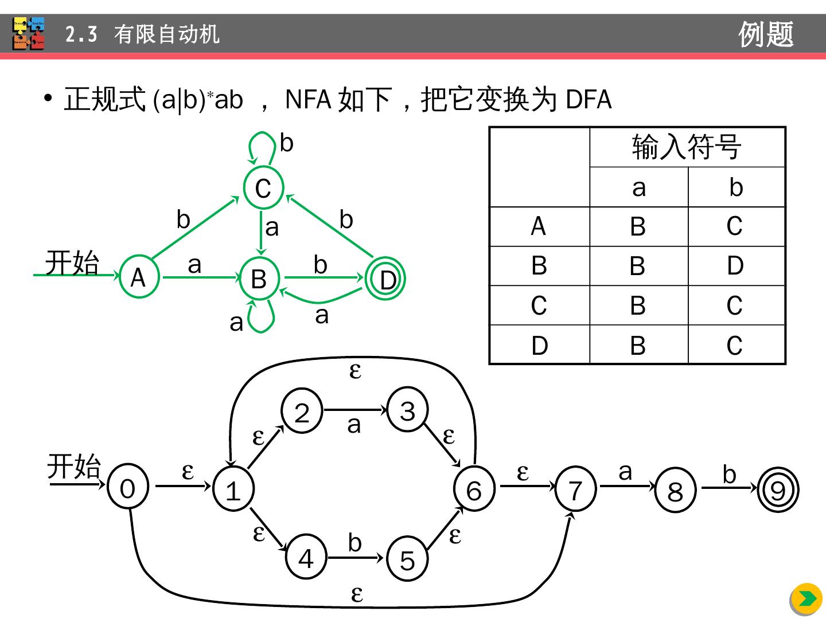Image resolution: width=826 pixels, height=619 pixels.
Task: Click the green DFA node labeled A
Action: coord(139,277)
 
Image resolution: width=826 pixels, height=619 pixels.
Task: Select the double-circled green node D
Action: coord(386,279)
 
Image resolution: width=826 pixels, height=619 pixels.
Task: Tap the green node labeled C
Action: coord(263,187)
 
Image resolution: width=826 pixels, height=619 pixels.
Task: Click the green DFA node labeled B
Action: coord(259,279)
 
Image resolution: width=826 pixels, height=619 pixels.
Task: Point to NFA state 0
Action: coord(128,488)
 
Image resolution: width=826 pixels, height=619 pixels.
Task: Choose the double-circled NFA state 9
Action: coord(778,490)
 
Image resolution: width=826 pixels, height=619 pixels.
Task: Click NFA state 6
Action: coord(474,490)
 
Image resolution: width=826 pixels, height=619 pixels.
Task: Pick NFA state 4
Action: coord(306,557)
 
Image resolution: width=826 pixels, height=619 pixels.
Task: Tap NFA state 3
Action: coord(407,410)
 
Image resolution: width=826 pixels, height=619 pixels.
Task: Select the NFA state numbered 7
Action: coord(575,490)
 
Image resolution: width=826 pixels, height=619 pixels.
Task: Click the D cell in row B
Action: coord(736,266)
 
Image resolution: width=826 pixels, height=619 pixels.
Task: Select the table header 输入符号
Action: coord(687,147)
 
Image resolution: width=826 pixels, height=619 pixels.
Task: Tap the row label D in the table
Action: coord(539,346)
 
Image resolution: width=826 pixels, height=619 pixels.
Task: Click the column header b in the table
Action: coord(736,187)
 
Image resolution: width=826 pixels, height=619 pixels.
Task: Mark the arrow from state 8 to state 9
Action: coord(728,488)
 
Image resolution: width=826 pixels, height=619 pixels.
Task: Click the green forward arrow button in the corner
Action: coord(806,598)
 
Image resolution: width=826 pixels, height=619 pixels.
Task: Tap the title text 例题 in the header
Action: coord(766,34)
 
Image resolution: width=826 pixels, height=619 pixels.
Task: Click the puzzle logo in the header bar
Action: coord(29,34)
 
